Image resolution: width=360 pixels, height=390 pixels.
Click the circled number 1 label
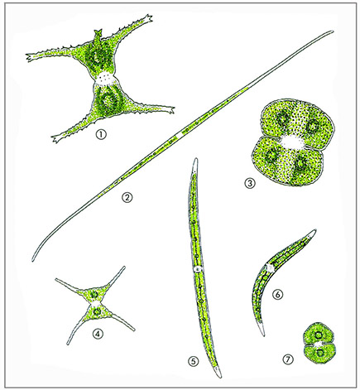point(101,135)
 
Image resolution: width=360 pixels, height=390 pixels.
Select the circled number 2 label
point(127,197)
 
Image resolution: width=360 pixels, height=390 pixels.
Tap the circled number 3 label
point(250,183)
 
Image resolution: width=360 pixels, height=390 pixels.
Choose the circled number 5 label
point(193,361)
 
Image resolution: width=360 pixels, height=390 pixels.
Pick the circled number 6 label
point(277,295)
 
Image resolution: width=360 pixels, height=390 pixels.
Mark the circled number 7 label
point(288,359)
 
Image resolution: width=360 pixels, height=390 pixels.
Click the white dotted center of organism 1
point(105,79)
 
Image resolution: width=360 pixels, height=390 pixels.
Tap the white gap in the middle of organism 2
point(181,133)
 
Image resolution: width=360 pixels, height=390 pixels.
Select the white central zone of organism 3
point(292,142)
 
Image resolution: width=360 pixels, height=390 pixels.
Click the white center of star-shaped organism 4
point(95,304)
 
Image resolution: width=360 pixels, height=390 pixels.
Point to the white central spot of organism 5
point(198,269)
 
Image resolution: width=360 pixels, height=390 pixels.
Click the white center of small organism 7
point(319,344)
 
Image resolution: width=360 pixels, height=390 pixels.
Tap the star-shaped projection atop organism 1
point(98,33)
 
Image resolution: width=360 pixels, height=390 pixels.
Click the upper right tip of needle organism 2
point(333,31)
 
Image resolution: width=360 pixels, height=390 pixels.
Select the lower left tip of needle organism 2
point(33,260)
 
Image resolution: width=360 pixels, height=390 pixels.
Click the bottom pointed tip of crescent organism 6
point(263,335)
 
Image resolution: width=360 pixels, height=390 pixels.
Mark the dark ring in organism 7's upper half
point(319,335)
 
